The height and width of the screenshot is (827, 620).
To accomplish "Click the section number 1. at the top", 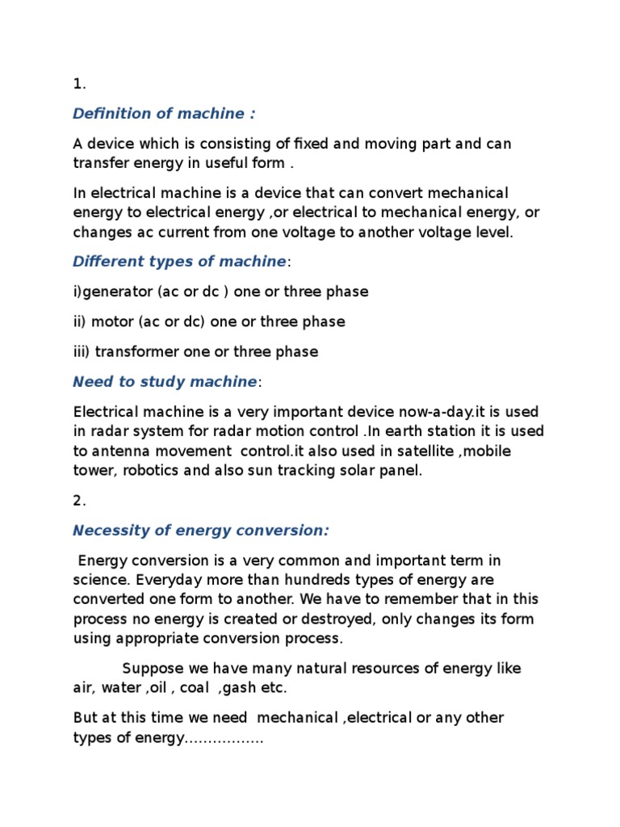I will pos(79,83).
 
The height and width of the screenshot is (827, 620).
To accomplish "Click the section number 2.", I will pos(79,500).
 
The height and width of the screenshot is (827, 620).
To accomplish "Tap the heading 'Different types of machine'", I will pos(179,261).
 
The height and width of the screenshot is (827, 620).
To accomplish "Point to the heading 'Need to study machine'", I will pos(165,381).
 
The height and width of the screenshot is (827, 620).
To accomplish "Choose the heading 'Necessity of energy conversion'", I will pos(201,530).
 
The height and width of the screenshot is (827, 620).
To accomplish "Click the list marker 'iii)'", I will pos(82,351).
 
